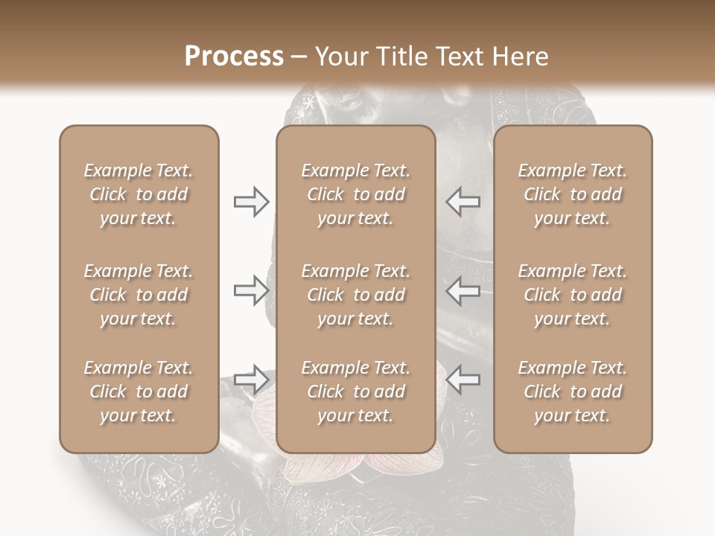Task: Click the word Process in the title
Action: click(x=234, y=57)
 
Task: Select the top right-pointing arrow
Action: click(x=251, y=201)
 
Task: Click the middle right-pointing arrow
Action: click(x=251, y=290)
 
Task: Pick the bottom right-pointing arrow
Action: click(x=251, y=380)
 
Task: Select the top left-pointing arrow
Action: click(x=463, y=201)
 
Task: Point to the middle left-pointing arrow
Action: click(x=463, y=290)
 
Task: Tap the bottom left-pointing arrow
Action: click(x=463, y=380)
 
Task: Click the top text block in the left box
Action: click(x=139, y=194)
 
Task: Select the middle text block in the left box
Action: click(x=139, y=295)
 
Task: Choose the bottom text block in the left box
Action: click(x=139, y=392)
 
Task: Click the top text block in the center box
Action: click(x=355, y=194)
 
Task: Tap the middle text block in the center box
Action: click(x=355, y=295)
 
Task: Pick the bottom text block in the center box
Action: click(x=355, y=392)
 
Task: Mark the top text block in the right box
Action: click(x=572, y=194)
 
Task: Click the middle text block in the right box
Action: click(x=572, y=295)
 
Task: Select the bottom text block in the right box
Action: click(x=572, y=392)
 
